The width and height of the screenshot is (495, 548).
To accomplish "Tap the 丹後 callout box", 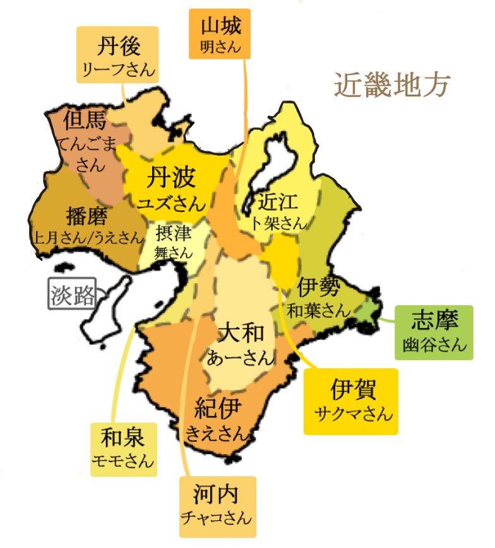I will [x=117, y=55].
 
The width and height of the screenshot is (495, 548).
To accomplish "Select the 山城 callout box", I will [x=220, y=35].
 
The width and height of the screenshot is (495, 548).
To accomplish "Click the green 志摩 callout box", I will [x=433, y=332].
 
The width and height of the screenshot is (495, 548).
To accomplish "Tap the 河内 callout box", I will [x=217, y=506].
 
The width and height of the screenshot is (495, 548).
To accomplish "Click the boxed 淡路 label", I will [x=71, y=294].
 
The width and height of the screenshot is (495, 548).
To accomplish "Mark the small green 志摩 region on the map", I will [x=364, y=308].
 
